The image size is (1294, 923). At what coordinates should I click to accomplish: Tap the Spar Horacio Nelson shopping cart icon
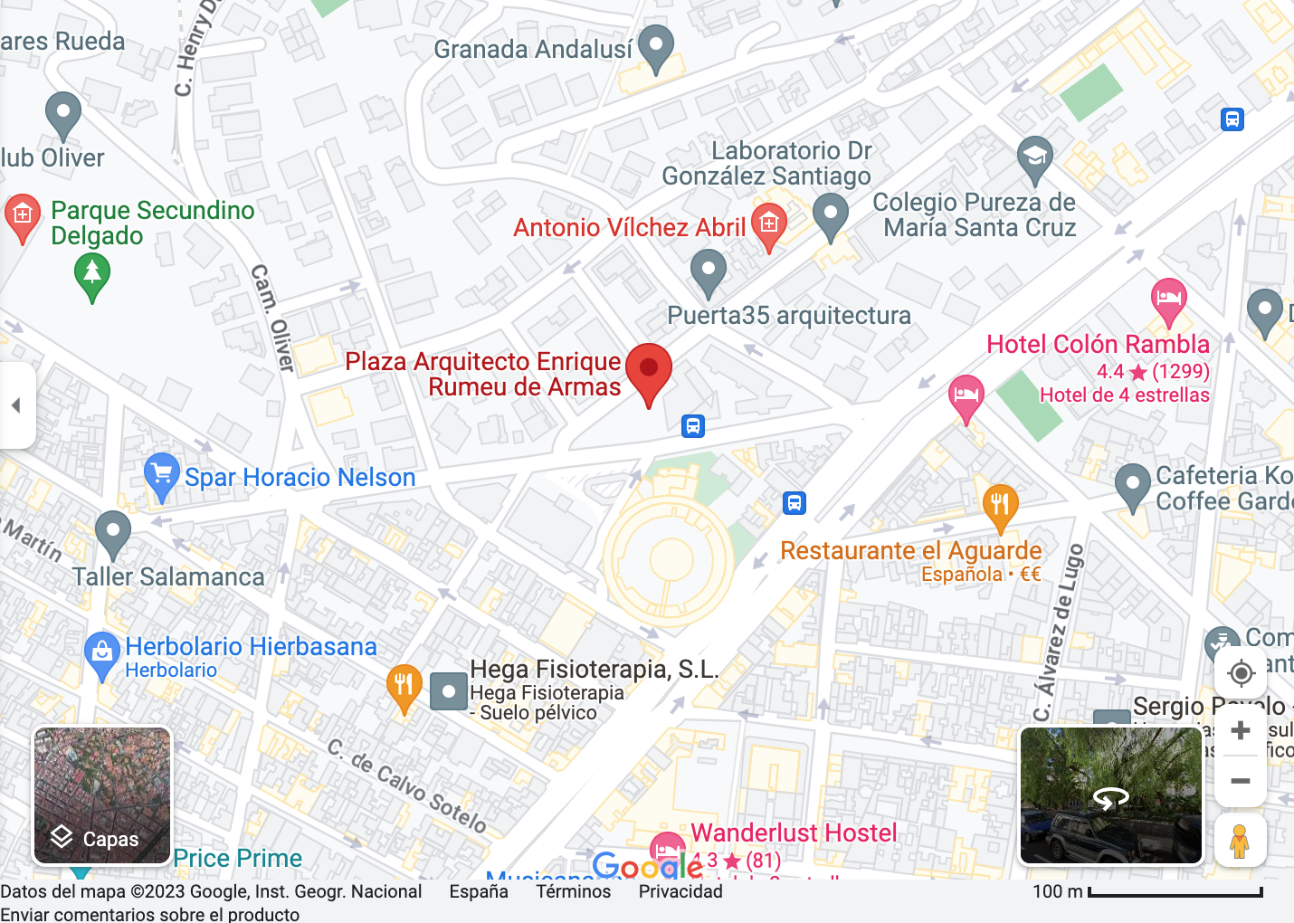point(161,474)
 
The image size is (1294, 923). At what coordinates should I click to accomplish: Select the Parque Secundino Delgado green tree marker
point(92,274)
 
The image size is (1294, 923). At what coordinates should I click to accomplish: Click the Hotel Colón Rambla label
point(1098,345)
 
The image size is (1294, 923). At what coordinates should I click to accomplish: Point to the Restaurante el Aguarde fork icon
point(1000,505)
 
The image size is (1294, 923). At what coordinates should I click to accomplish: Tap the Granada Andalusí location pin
point(656,47)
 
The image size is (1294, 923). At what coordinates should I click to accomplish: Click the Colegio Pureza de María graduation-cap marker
point(1034,158)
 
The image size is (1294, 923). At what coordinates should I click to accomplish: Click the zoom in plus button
point(1241,730)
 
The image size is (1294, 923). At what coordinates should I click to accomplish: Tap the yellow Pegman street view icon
point(1240,841)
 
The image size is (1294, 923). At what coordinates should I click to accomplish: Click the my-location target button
point(1241,673)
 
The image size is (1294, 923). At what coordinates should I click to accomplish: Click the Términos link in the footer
point(573,891)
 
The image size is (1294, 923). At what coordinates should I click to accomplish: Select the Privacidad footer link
point(680,891)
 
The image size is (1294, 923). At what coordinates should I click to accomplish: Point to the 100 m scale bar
point(1175,892)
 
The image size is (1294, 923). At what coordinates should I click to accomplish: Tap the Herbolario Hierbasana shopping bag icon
point(102,652)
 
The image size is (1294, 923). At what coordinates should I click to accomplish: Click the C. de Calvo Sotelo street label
point(407,785)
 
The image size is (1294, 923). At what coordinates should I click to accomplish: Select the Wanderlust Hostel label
point(794,833)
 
